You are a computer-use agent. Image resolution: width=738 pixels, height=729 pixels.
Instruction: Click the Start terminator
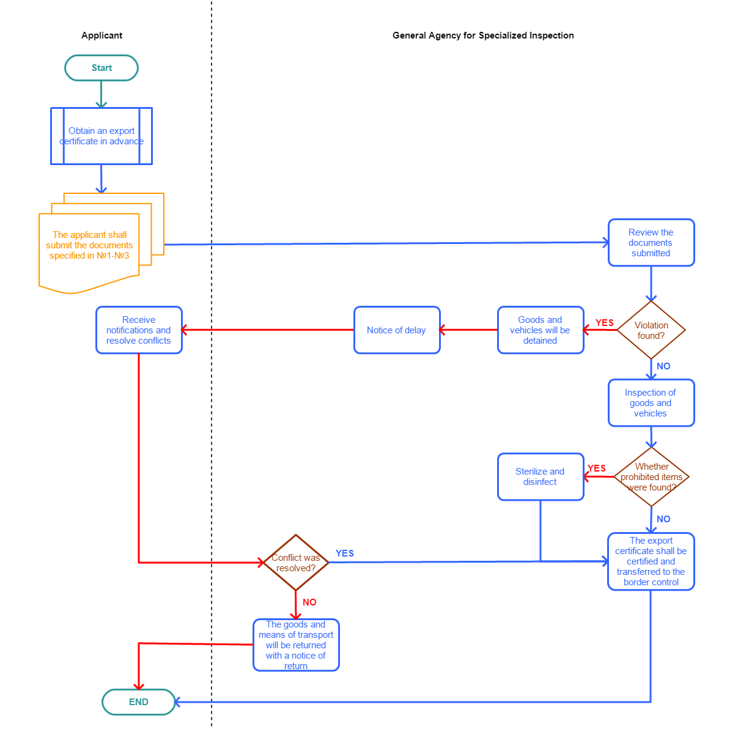(101, 68)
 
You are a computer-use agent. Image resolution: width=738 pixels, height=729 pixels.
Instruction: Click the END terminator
(138, 701)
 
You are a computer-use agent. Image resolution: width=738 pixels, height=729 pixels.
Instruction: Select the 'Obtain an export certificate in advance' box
(101, 136)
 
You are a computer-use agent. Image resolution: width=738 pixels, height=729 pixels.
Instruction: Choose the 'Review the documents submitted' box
(651, 243)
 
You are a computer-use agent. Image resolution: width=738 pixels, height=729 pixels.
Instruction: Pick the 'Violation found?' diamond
(651, 330)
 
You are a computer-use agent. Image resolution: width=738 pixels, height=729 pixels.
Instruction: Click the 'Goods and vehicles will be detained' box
(541, 330)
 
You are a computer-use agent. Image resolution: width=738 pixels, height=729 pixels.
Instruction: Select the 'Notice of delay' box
(397, 330)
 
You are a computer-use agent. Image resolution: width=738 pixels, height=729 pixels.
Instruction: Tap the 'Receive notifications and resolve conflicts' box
(139, 330)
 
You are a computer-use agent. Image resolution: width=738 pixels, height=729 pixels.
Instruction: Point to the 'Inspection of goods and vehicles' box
(651, 403)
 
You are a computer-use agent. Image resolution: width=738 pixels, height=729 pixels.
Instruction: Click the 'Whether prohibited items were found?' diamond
(651, 477)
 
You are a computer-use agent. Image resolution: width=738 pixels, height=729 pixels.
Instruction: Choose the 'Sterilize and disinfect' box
(541, 477)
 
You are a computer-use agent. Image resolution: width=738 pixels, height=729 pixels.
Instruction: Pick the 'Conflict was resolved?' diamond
(296, 563)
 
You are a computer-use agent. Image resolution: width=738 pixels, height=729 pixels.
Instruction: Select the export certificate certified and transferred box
(651, 561)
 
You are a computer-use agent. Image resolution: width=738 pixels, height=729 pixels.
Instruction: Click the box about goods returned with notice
(296, 645)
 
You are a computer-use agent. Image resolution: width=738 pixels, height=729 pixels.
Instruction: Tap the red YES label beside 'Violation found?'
(604, 322)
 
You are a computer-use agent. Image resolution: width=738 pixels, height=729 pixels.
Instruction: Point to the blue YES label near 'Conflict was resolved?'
(344, 553)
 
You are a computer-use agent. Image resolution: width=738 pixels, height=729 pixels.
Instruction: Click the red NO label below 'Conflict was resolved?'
(309, 602)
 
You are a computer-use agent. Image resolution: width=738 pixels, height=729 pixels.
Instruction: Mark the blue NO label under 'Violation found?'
(663, 366)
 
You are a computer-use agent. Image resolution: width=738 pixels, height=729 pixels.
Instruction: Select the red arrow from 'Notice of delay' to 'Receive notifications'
(268, 330)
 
